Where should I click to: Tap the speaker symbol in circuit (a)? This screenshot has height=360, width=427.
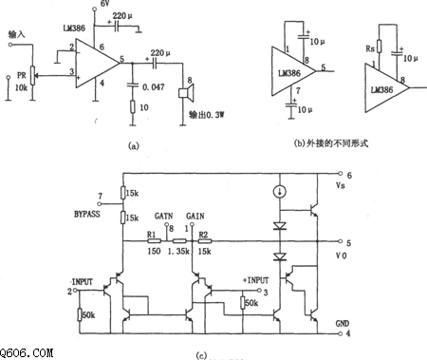tap(187, 97)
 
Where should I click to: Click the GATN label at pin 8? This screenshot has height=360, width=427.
tap(162, 216)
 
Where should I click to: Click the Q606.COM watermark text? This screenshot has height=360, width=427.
tap(26, 351)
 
